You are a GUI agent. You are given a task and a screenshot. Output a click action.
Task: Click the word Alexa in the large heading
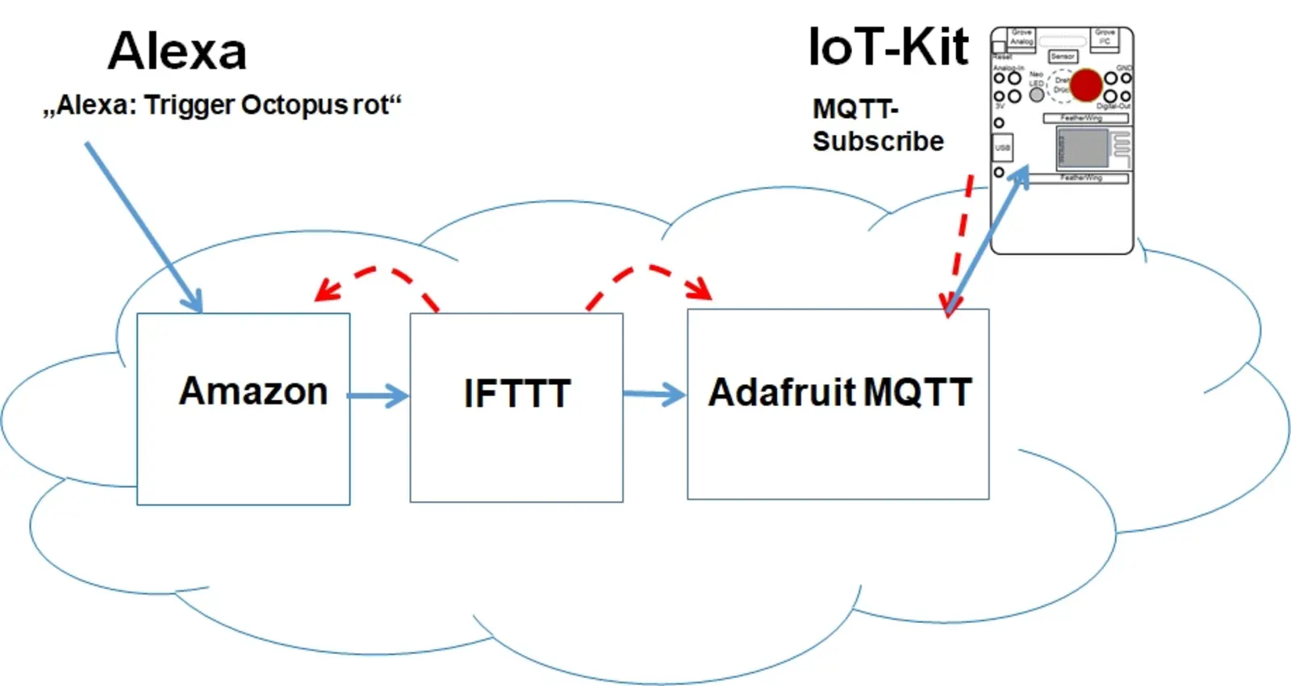click(177, 52)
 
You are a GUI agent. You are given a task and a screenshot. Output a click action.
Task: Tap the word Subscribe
click(878, 141)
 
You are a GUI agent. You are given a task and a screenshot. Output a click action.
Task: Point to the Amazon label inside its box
click(253, 391)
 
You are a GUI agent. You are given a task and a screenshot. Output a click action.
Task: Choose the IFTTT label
click(517, 394)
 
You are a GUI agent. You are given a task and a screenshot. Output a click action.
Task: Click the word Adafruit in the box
click(781, 393)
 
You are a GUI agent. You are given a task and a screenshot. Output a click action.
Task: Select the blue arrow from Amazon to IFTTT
click(378, 395)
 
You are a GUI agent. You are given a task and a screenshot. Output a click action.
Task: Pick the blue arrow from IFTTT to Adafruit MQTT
click(654, 395)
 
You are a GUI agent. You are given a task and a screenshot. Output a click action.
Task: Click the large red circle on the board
click(1086, 85)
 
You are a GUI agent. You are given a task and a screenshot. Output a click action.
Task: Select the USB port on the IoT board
click(1002, 148)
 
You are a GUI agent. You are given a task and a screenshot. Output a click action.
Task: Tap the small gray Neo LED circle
click(1037, 94)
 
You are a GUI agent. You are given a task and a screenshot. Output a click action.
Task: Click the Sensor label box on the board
click(1063, 56)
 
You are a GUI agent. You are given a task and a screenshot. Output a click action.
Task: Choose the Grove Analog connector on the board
click(1022, 38)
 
